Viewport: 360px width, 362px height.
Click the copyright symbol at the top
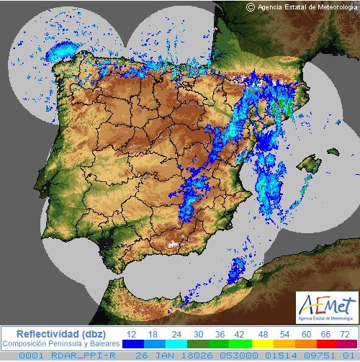point(251,6)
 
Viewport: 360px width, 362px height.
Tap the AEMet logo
point(326,308)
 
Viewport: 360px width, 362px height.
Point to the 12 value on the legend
point(132,334)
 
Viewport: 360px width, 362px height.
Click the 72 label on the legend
point(346,334)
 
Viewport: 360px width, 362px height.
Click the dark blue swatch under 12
point(132,344)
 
